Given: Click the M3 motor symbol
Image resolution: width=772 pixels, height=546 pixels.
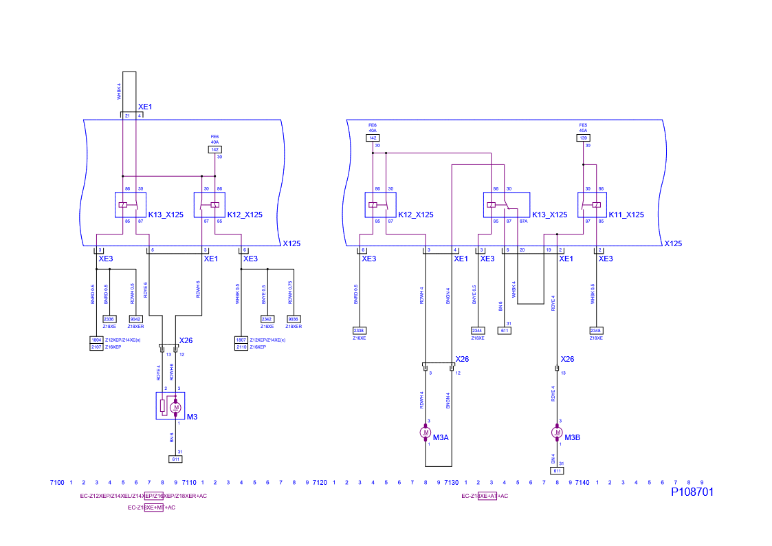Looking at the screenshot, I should pos(176,407).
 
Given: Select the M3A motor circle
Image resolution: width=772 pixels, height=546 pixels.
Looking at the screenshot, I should pos(425,433).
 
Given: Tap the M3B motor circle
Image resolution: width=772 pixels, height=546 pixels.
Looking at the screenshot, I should pos(556,433).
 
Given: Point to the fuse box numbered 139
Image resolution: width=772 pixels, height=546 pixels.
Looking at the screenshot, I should pos(583,138).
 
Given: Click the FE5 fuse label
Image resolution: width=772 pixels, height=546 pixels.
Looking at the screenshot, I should pos(583,125).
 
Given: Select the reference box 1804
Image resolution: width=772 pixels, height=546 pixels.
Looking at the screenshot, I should pos(96,340).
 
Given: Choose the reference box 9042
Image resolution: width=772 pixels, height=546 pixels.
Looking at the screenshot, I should pos(136,319).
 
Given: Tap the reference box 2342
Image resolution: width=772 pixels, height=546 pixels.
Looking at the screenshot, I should pos(267,319).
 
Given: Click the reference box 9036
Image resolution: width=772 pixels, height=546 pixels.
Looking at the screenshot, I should pos(294,319).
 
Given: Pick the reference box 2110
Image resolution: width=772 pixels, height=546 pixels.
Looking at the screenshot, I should pos(241,347).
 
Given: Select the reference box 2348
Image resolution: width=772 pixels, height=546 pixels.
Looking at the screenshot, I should pos(596,331).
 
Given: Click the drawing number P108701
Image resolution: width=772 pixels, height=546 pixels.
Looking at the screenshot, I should pos(692,492).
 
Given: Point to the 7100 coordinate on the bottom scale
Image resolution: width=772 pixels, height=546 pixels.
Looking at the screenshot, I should pos(58,483).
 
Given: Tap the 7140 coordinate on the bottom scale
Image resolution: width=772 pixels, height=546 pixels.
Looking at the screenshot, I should pos(582,483).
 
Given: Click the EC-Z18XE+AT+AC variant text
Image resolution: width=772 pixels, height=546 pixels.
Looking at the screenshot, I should pos(485,496).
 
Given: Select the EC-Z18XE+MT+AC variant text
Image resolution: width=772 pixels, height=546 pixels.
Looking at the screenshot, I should pos(151,507).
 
